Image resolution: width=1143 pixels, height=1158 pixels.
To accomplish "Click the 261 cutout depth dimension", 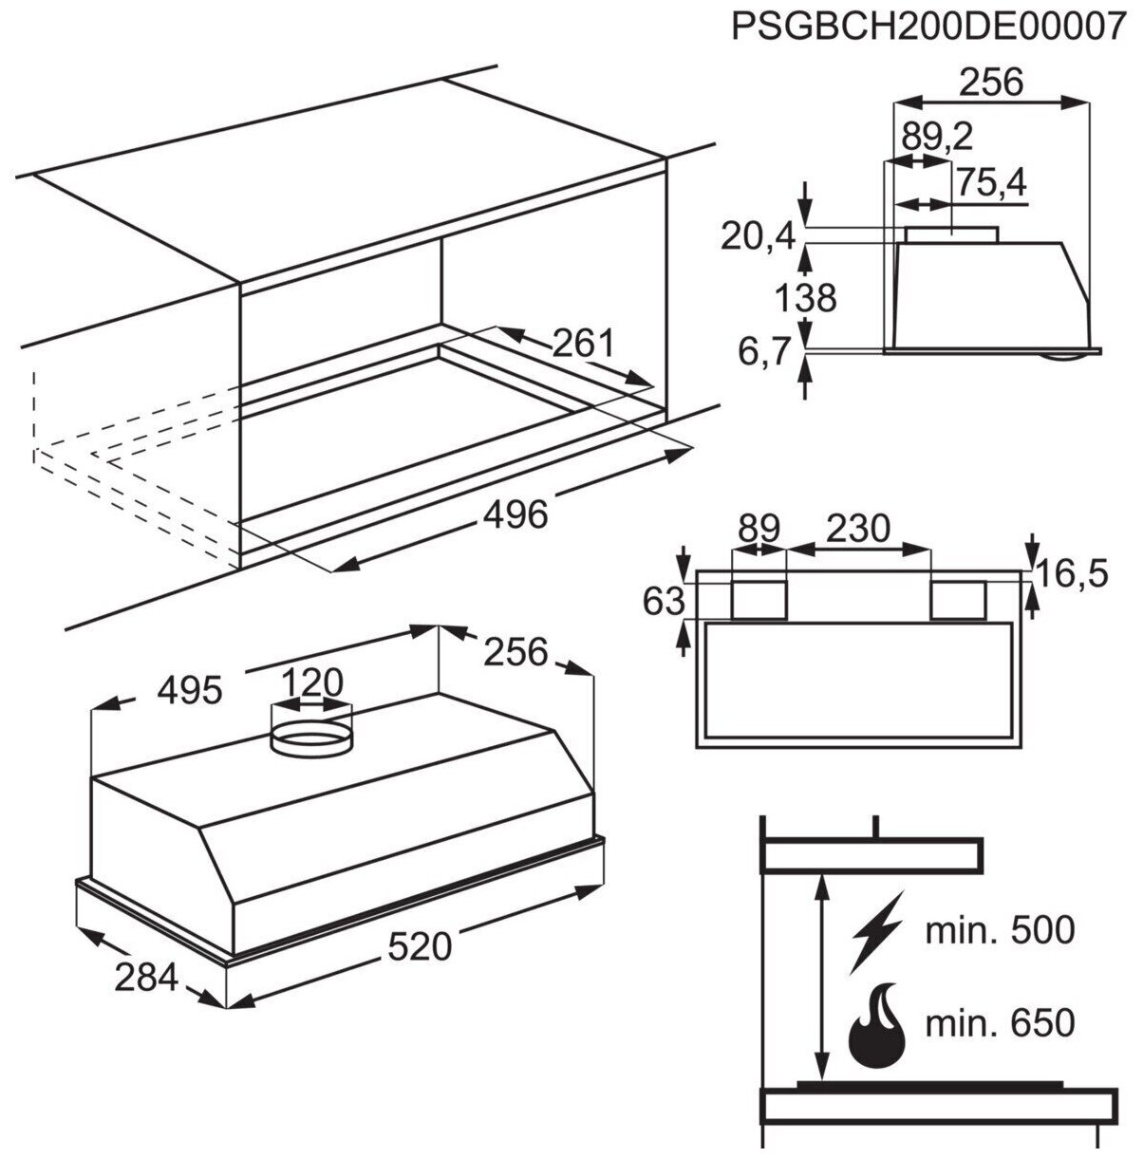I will [x=583, y=343].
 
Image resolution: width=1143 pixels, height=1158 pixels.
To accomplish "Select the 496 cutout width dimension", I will [x=515, y=514].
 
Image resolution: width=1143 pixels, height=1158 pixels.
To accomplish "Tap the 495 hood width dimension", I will [x=189, y=691].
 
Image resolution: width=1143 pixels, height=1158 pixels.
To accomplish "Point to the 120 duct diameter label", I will [x=311, y=682].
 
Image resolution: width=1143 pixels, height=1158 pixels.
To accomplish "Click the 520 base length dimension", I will [x=421, y=945].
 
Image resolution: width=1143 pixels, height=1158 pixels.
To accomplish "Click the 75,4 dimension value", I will [x=990, y=182].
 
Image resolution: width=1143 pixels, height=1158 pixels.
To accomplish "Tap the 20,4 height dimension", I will [x=757, y=236].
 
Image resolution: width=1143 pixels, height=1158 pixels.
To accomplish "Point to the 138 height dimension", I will [x=805, y=298].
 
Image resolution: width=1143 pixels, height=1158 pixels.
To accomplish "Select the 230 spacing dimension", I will [x=858, y=528].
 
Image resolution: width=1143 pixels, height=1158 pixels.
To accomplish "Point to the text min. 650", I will [x=1000, y=1023].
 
